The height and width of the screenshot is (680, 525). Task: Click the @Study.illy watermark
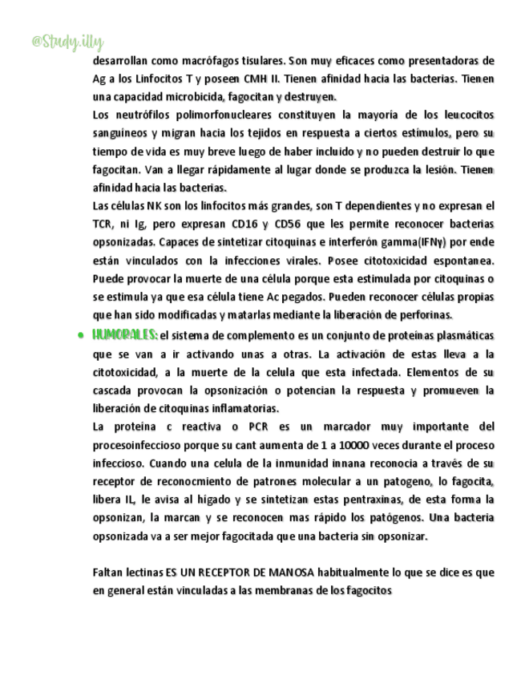67,41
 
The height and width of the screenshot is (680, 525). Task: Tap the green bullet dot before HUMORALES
82,335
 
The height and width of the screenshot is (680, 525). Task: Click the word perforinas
427,314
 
